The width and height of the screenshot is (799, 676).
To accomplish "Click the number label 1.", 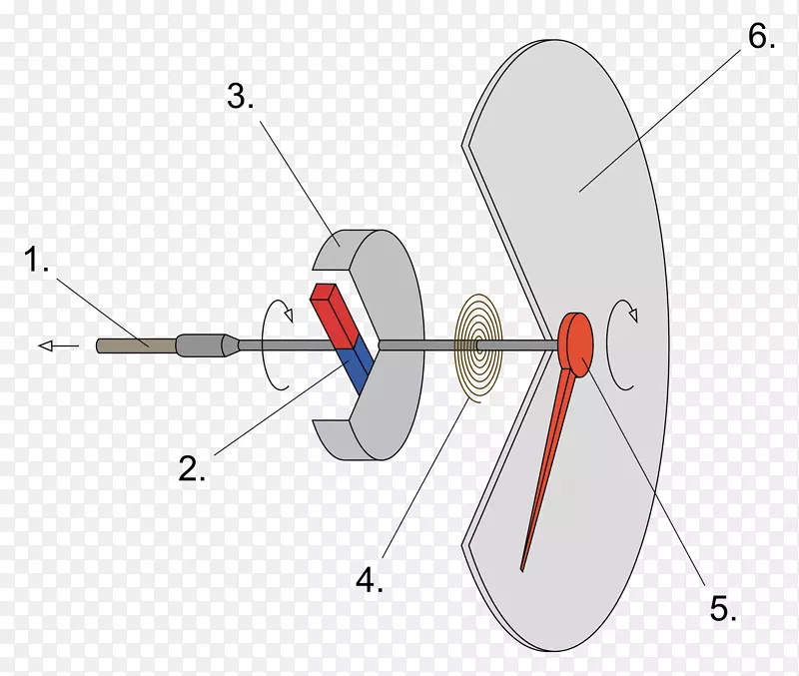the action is pyautogui.click(x=36, y=259).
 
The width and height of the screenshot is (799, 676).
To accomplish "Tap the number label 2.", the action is pyautogui.click(x=192, y=468).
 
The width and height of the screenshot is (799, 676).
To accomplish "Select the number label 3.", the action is pyautogui.click(x=241, y=96).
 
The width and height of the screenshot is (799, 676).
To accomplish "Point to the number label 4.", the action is pyautogui.click(x=370, y=580).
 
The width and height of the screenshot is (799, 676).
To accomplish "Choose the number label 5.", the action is pyautogui.click(x=723, y=608).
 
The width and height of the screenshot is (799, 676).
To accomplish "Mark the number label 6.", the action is pyautogui.click(x=762, y=36).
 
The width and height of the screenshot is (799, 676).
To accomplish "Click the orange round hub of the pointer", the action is pyautogui.click(x=576, y=344).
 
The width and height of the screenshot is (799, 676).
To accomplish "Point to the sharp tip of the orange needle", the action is pyautogui.click(x=521, y=570).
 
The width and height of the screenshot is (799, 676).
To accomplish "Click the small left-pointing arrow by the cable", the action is pyautogui.click(x=59, y=346).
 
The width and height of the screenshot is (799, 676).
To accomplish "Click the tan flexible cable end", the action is pyautogui.click(x=136, y=345).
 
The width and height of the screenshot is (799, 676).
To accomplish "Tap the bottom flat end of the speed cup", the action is pyautogui.click(x=334, y=439).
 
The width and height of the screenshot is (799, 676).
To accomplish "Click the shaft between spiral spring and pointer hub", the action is pyautogui.click(x=518, y=345).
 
